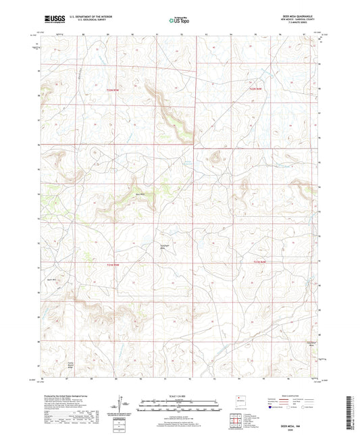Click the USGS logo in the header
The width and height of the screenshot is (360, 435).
coord(51,20)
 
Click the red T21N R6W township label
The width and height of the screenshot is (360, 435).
coord(253,88)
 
